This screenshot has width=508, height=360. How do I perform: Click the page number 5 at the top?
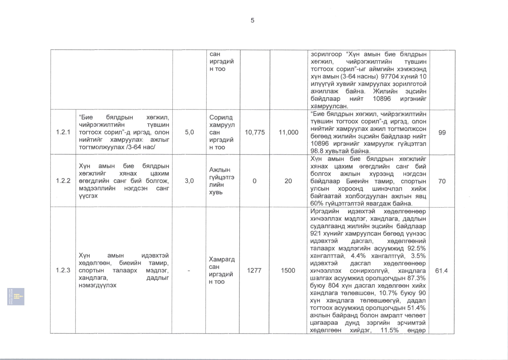coord(252,20)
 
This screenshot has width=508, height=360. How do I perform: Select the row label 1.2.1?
coord(63,132)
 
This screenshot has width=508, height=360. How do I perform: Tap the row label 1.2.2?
coord(63,181)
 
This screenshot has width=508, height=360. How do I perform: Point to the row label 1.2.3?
coord(63,270)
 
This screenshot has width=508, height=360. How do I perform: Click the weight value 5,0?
coord(189,132)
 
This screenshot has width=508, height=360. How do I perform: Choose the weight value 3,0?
coord(189,181)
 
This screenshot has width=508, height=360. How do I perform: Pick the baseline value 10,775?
coord(255,132)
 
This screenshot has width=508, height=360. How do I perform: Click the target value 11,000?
coord(288,132)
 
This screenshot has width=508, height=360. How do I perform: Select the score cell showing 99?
coord(442,133)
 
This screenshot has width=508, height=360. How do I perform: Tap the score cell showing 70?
coord(442,181)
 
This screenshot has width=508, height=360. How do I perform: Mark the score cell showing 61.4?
coord(441,271)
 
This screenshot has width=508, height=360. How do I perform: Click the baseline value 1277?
coord(254,270)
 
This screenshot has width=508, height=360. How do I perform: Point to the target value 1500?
coord(288,270)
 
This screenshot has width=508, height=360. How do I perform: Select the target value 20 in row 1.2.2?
coord(288,181)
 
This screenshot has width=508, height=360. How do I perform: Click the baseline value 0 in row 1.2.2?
coord(254,181)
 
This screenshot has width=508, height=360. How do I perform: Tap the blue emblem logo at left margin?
coord(16,296)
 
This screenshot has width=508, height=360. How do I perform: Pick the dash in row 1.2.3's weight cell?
coord(189,270)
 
